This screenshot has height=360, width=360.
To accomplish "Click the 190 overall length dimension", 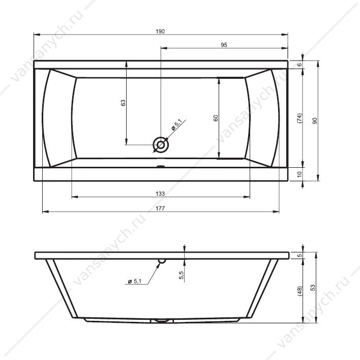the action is point(160,31).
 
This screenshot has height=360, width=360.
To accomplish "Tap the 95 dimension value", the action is point(224,45).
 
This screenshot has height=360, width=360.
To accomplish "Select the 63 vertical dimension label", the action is point(123,103).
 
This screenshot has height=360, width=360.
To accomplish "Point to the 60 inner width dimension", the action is point(216,118).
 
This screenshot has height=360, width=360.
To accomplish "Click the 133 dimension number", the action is point(160,194).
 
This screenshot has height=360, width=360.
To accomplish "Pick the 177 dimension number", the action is point(160,208).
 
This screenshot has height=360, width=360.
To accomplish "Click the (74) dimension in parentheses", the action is point(299,118).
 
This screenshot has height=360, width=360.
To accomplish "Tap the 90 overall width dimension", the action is point(315,121).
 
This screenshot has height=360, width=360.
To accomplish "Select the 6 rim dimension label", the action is point(299,65).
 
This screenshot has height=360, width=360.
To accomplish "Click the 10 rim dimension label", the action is point(299,174).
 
